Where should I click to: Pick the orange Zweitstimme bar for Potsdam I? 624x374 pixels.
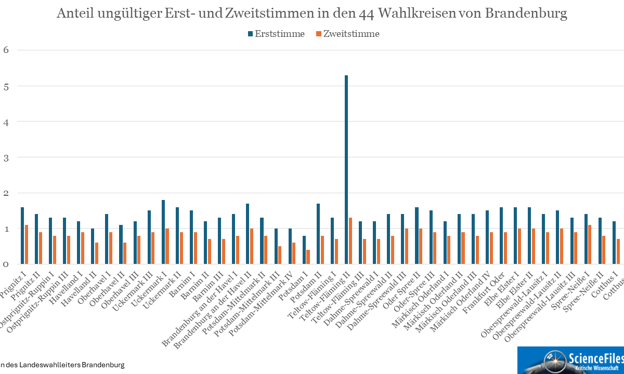tap(308, 257)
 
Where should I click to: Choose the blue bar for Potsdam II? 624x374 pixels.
tap(318, 234)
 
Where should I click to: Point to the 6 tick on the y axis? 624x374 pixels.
tap(7, 50)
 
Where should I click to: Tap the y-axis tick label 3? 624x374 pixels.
tap(7, 157)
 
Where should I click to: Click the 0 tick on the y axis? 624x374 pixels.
tap(7, 264)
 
